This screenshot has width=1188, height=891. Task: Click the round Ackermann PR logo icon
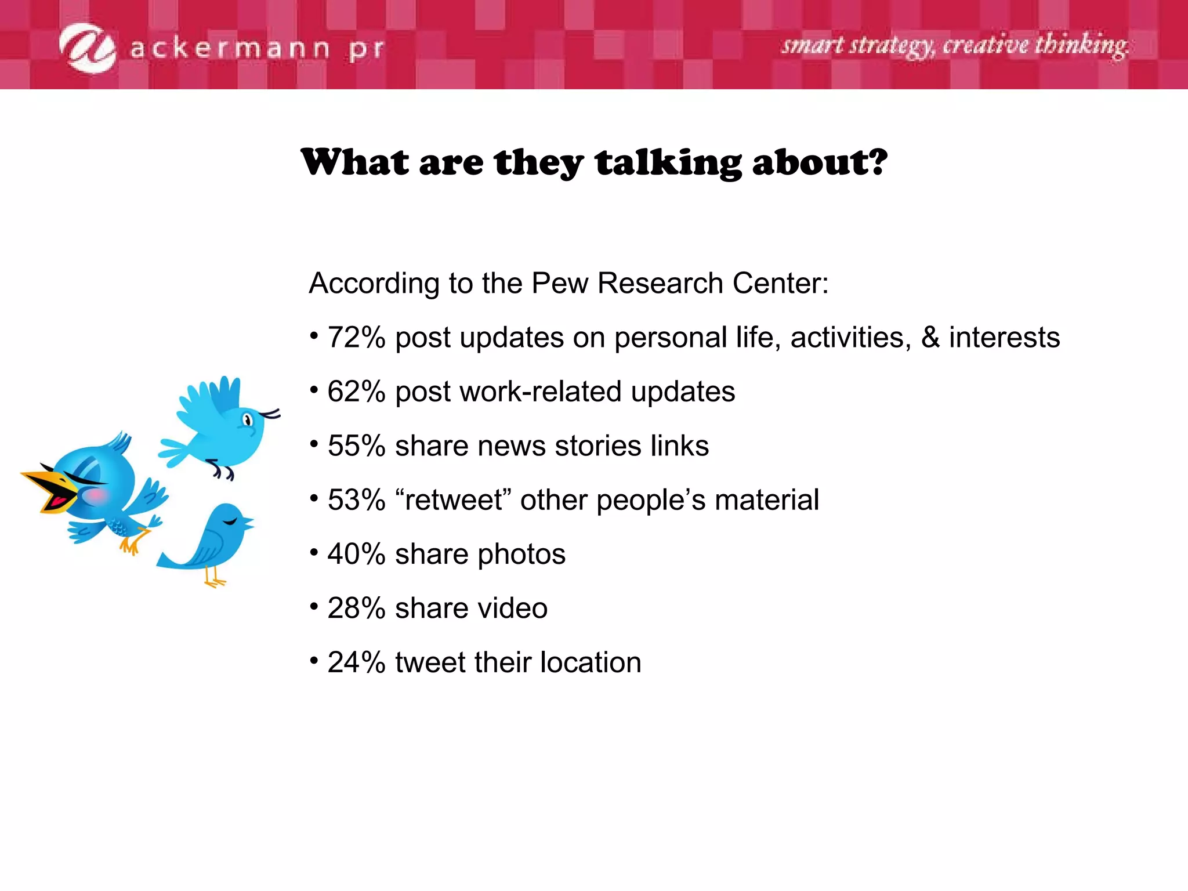[x=88, y=48]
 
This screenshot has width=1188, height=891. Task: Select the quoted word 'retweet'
[x=453, y=500]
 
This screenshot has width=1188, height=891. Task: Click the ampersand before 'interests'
[x=930, y=338]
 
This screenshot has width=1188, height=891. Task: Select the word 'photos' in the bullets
[x=521, y=554]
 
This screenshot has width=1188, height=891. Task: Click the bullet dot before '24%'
[x=314, y=660]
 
